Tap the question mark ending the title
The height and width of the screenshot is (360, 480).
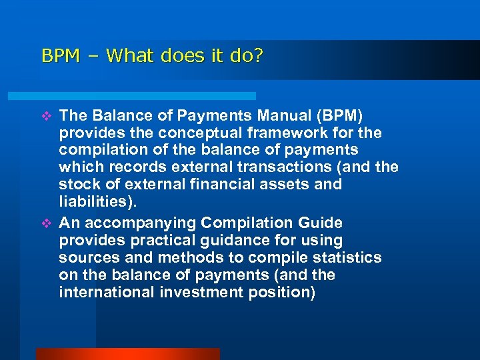tap(258, 55)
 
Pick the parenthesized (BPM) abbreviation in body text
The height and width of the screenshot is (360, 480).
tap(339, 115)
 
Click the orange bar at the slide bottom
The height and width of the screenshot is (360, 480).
tap(127, 354)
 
